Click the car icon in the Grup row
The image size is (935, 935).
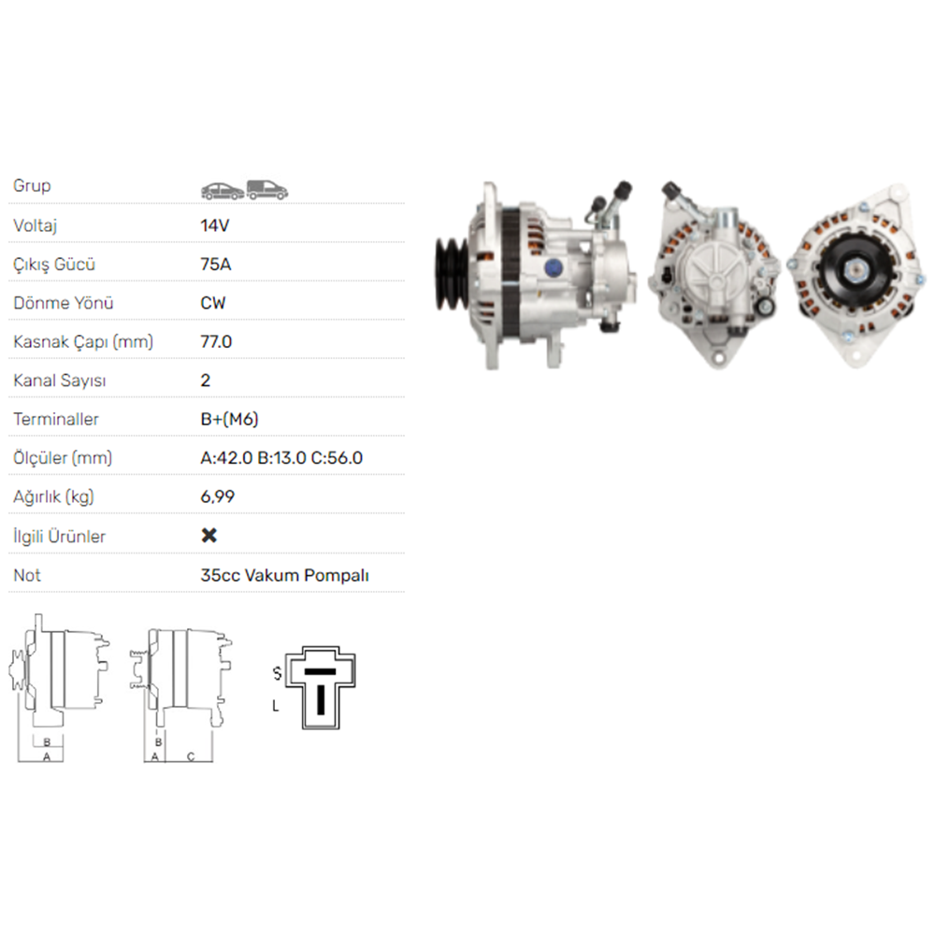tap(223, 191)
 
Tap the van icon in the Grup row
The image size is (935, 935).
tap(267, 190)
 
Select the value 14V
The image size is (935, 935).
tap(215, 225)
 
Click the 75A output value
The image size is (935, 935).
tap(216, 265)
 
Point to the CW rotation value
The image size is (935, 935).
tap(213, 303)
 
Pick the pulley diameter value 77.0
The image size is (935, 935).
tap(216, 341)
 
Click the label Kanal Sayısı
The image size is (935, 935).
tap(60, 381)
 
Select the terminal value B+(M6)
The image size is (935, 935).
tap(230, 419)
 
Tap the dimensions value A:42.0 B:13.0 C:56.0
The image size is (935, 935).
tap(281, 458)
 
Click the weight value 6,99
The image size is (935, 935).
tap(218, 496)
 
